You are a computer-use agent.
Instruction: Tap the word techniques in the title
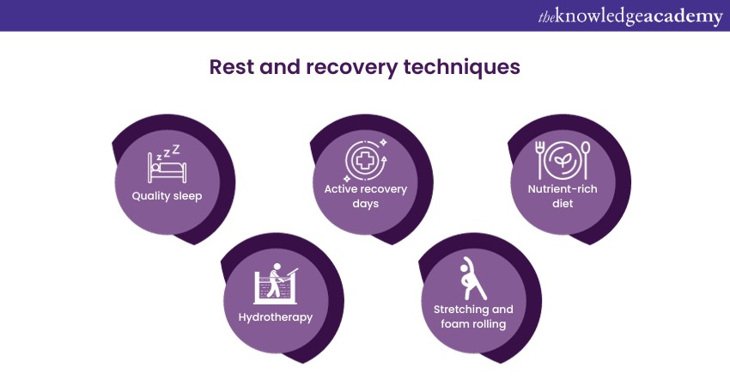click(x=462, y=68)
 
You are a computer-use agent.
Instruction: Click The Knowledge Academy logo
click(x=630, y=17)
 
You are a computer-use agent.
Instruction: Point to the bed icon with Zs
click(x=167, y=164)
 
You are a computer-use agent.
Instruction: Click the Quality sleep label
click(x=167, y=196)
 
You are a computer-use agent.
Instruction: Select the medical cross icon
click(x=366, y=162)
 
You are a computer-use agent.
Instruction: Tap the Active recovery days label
click(x=366, y=196)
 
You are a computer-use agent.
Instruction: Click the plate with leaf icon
click(x=563, y=160)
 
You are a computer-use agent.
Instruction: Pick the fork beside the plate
click(x=539, y=160)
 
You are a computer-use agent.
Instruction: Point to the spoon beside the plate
click(x=586, y=160)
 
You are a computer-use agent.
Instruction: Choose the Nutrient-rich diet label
click(x=563, y=196)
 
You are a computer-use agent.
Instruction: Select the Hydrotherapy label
click(x=276, y=317)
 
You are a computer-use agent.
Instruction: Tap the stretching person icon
click(x=473, y=279)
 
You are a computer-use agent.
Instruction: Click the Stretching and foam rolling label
click(x=473, y=316)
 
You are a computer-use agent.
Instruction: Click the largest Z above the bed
click(x=176, y=149)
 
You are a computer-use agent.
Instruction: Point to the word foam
click(x=453, y=323)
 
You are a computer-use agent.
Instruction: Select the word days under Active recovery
click(x=366, y=204)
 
